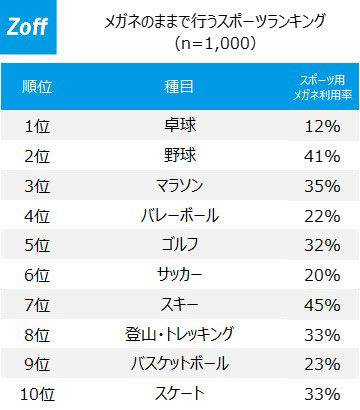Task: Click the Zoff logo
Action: coord(28,27)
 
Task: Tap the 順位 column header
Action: coord(37,87)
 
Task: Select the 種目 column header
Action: coord(179,87)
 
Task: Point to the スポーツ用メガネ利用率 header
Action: coord(322,87)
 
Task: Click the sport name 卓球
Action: coord(180,126)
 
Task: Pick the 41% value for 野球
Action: coord(322,156)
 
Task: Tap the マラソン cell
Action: coord(180,185)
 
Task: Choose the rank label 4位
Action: coord(37,216)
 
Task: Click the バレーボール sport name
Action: coord(180,215)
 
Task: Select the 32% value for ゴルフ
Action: coord(322,246)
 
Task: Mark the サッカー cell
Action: coord(180,275)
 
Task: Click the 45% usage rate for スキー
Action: coord(322,305)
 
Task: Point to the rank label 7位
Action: coord(37,305)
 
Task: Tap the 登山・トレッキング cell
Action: coord(180,334)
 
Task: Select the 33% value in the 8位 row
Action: coord(322,335)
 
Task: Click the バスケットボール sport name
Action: coord(180,363)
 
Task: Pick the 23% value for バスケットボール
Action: coord(322,364)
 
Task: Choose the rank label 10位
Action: coord(37,394)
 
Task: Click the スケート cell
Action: coord(180,393)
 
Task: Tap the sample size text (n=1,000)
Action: coord(215,43)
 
